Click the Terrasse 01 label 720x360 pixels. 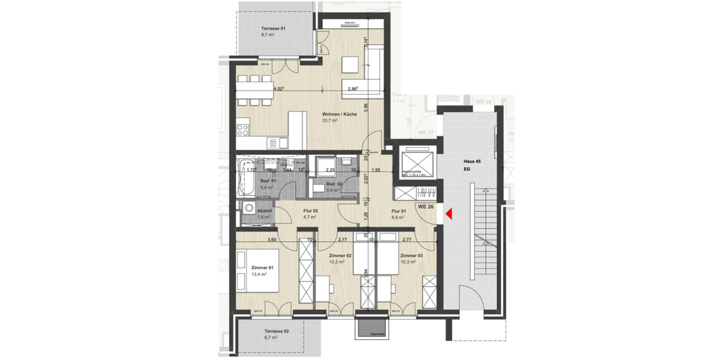(273, 29)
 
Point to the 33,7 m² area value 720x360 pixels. (330, 121)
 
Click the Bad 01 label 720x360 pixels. (268, 181)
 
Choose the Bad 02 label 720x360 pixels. (334, 184)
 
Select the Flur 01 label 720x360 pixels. (399, 211)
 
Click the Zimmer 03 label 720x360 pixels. (411, 256)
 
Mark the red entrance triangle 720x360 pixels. (448, 213)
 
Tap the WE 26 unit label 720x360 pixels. (427, 207)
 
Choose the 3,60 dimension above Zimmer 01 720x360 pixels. (271, 240)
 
